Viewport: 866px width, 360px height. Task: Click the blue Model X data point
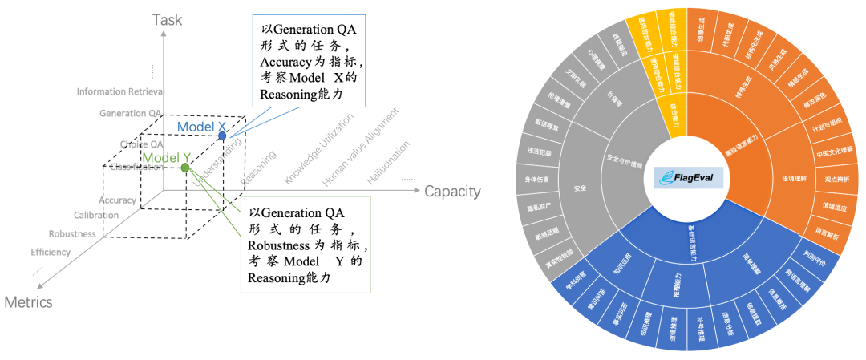(x=222, y=136)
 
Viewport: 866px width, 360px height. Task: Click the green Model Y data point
(x=185, y=168)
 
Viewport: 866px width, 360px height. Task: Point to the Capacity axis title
(x=452, y=191)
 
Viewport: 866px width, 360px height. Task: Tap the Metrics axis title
(x=28, y=302)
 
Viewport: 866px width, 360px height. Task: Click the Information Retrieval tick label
(x=120, y=91)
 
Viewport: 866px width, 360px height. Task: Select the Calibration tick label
(x=96, y=215)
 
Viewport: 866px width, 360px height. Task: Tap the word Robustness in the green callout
(x=277, y=244)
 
